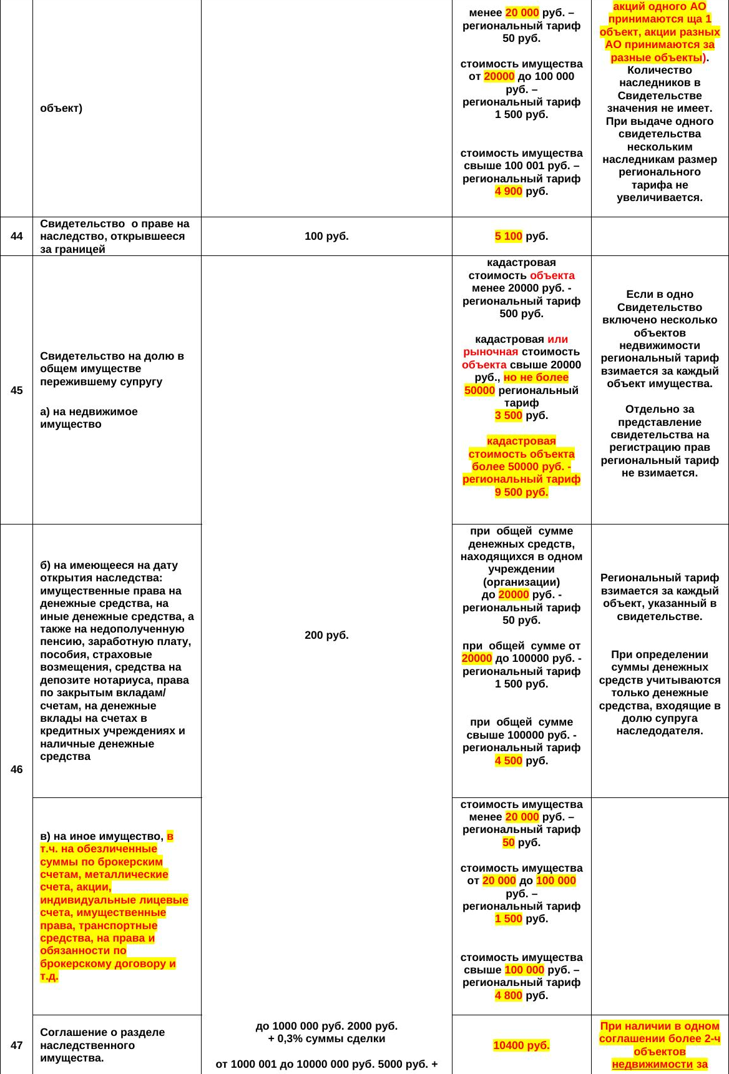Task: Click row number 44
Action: (x=17, y=236)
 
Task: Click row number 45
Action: (x=17, y=390)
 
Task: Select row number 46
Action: (x=17, y=769)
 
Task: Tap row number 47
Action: (x=17, y=1045)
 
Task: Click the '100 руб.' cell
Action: (x=326, y=236)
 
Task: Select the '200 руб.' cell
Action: (x=326, y=635)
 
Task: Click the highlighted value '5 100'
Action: (x=508, y=236)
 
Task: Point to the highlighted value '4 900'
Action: (x=508, y=191)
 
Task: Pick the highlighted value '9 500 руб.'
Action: (x=521, y=492)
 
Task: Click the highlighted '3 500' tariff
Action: (x=508, y=415)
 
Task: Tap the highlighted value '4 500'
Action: (x=508, y=761)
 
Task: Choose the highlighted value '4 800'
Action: (x=508, y=995)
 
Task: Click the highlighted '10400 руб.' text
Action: (x=521, y=1045)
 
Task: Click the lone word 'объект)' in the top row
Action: (x=61, y=108)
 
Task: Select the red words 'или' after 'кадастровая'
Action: (x=557, y=339)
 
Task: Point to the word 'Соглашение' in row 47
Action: (x=70, y=1032)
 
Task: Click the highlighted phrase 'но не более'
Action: (x=536, y=377)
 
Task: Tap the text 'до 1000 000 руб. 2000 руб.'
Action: (x=326, y=1026)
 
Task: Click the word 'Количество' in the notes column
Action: (x=659, y=70)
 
